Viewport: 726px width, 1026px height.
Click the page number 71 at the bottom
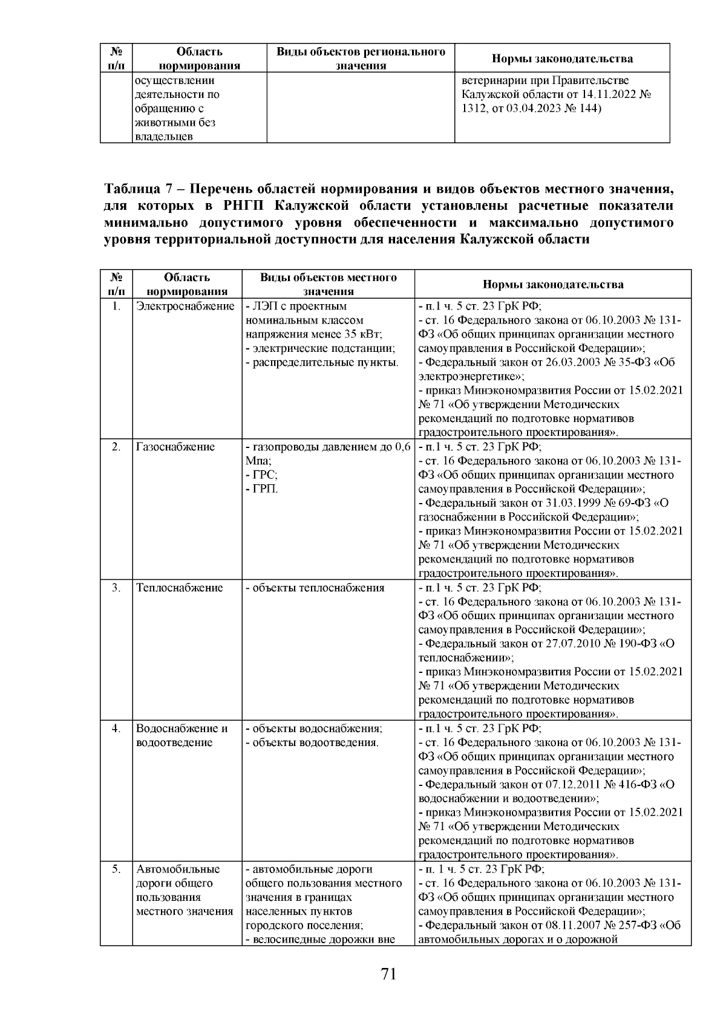(x=388, y=974)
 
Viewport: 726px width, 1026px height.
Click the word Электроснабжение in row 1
(x=185, y=307)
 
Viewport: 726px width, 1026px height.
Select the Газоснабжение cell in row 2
(x=175, y=447)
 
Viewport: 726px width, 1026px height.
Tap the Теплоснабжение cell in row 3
(x=179, y=588)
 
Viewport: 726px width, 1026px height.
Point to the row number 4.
(x=116, y=729)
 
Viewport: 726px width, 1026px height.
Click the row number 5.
(x=116, y=869)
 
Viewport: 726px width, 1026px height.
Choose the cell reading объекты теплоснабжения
(x=315, y=588)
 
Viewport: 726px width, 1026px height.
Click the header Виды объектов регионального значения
(x=361, y=59)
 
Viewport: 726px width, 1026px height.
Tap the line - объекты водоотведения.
(x=312, y=742)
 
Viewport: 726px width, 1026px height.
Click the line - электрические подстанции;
(x=321, y=349)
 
